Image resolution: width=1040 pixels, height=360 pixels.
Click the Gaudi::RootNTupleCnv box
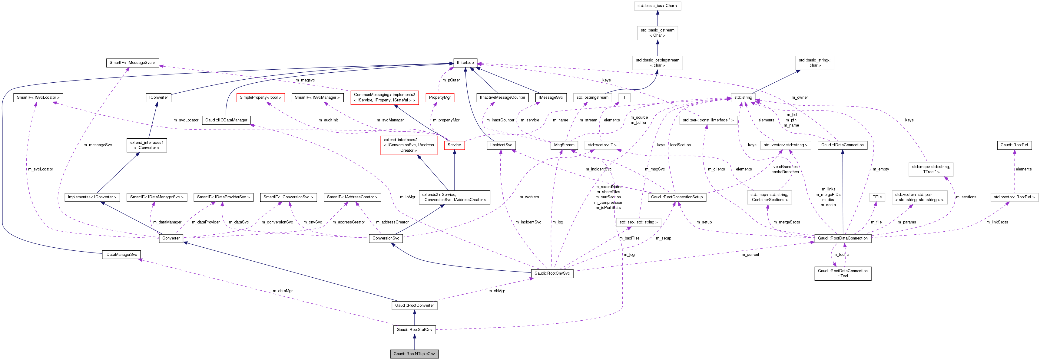[x=414, y=354]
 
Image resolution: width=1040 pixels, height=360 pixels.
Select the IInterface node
[x=465, y=63]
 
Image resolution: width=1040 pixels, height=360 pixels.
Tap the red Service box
[x=454, y=145]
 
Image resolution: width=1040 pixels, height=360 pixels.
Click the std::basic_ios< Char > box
[x=657, y=6]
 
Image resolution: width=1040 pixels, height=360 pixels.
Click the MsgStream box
[x=564, y=145]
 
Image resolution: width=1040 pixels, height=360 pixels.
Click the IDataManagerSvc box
[x=121, y=255]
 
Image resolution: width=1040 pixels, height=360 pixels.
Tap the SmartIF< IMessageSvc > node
[x=132, y=63]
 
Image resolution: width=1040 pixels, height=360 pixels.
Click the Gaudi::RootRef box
[x=1014, y=145]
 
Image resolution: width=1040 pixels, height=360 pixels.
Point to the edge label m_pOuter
[x=451, y=80]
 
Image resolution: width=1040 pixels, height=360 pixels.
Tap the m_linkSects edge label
[x=997, y=222]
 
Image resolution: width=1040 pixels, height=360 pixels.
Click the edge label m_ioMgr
[x=407, y=197]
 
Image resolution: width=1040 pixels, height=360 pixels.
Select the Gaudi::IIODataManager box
[x=226, y=120]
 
